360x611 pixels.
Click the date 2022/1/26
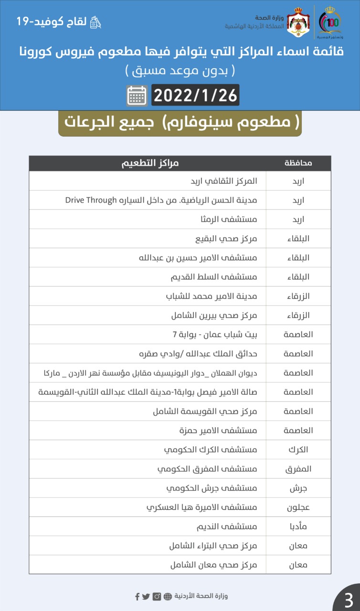pos(195,95)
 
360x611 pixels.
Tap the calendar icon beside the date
pos(137,95)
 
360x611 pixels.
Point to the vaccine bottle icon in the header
pos(96,22)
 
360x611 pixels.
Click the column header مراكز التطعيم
pos(149,163)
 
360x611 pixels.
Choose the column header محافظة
pos(298,163)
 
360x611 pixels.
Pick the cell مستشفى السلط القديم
pos(214,277)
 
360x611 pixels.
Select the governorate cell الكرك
pos(299,450)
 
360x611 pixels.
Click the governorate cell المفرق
pos(298,469)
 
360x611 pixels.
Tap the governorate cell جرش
pos(299,488)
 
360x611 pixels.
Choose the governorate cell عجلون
pos(298,507)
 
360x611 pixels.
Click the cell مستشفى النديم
pos(227,527)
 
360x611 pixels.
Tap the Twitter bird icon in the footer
pos(146,596)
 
